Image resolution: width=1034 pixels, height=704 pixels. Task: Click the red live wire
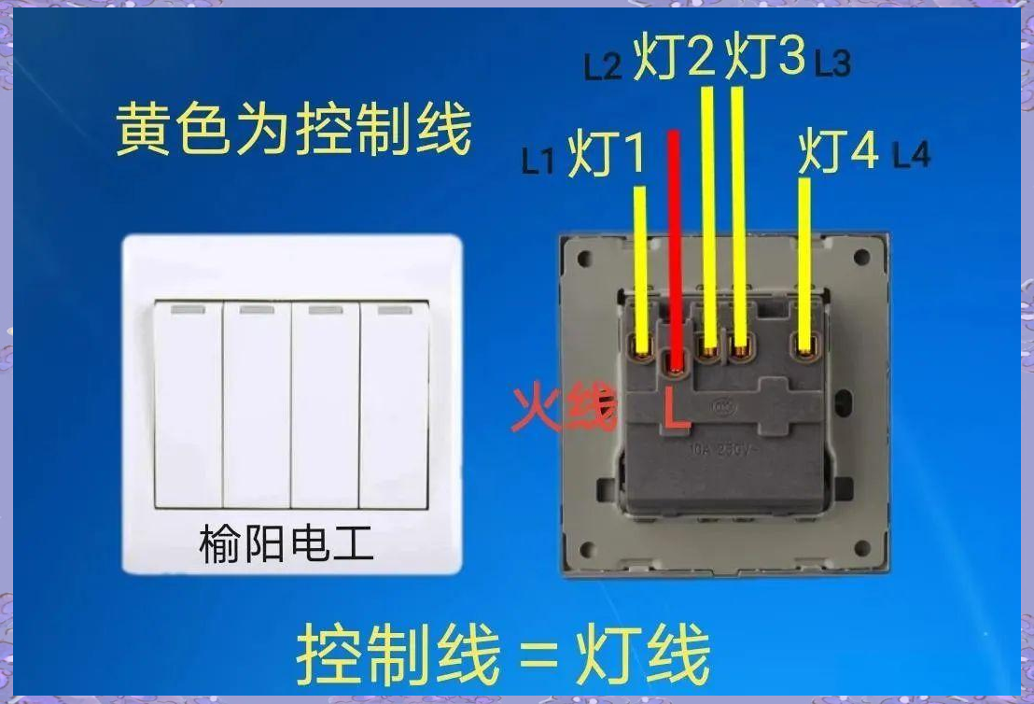[x=674, y=233]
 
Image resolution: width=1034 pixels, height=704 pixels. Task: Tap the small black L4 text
[x=912, y=155]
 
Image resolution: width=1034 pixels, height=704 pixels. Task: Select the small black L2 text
[x=603, y=67]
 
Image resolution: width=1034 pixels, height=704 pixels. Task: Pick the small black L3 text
[x=832, y=63]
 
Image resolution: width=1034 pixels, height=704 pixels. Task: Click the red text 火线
[x=564, y=409]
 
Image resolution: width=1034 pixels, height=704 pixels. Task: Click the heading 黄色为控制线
[x=293, y=130]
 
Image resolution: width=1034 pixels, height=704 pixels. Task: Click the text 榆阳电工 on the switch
[x=286, y=543]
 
